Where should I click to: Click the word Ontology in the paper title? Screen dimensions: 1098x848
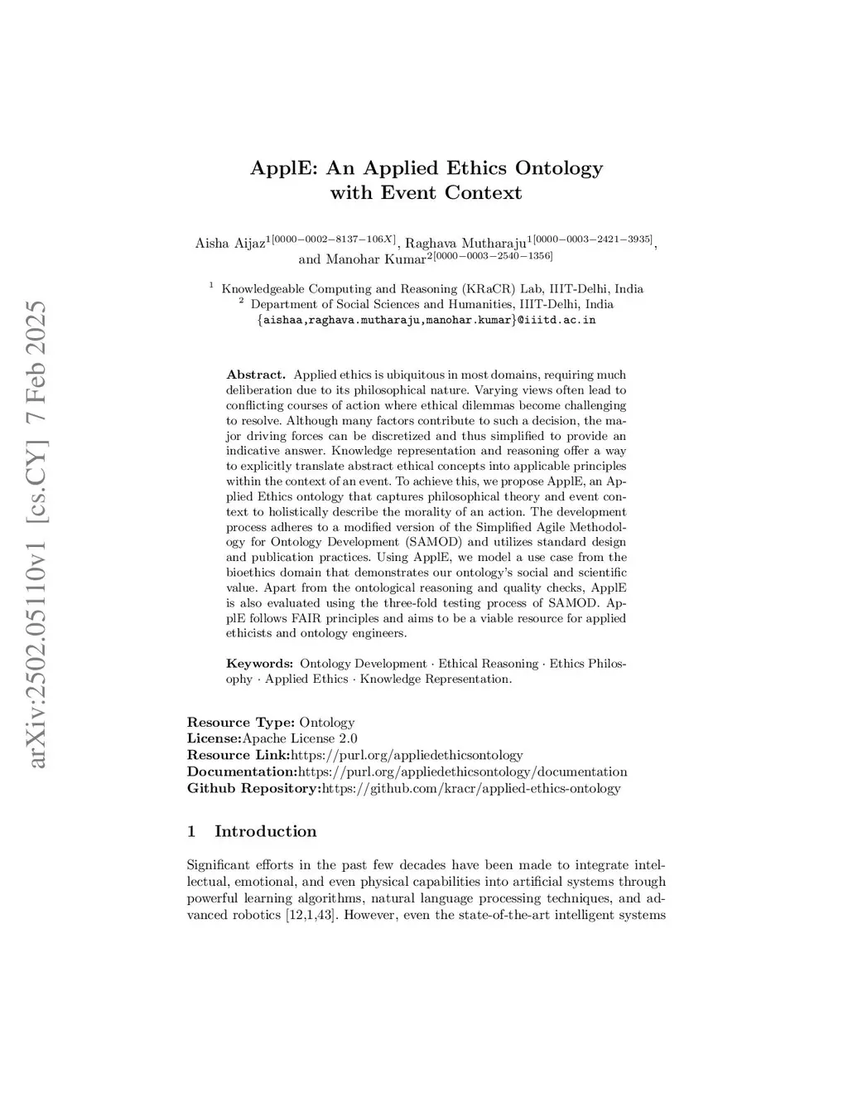coord(559,168)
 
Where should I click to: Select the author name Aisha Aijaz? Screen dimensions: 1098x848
coord(229,244)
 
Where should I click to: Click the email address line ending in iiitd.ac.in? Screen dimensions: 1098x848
coord(426,320)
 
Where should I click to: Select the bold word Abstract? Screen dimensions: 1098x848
coord(256,375)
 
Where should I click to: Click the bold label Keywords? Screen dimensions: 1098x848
coord(259,664)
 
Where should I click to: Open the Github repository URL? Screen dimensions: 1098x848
coord(470,788)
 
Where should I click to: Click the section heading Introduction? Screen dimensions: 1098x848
coord(265,832)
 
